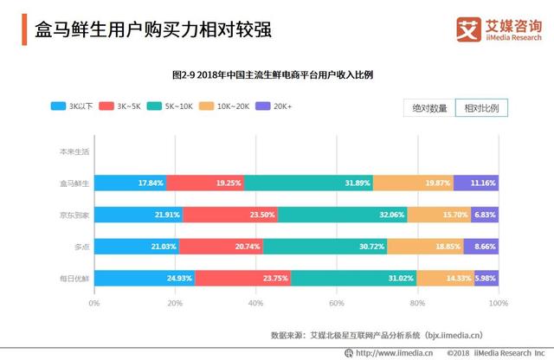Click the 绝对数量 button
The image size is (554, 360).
tap(428, 108)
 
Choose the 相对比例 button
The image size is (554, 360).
tap(481, 108)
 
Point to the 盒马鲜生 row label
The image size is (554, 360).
tap(74, 183)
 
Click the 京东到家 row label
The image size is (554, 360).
tap(74, 214)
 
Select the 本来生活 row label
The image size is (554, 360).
tap(74, 151)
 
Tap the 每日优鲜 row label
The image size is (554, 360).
tap(74, 278)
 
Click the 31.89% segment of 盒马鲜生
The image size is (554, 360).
tap(308, 183)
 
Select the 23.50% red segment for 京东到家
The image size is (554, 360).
tap(230, 214)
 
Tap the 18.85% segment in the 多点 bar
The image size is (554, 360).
tap(425, 246)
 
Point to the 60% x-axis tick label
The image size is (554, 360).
tap(337, 303)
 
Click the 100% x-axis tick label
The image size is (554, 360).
tap(498, 303)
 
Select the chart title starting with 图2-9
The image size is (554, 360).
tap(277, 74)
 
